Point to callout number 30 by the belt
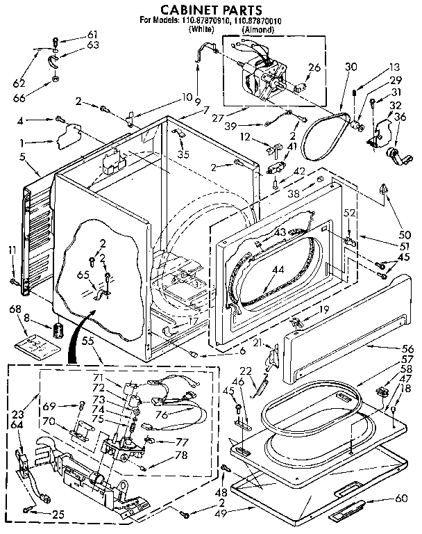coord(351,67)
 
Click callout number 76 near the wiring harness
coord(182,416)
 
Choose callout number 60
coord(400,498)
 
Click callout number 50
coord(404,235)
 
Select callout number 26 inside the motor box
coord(314,67)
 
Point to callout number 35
coord(183,154)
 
